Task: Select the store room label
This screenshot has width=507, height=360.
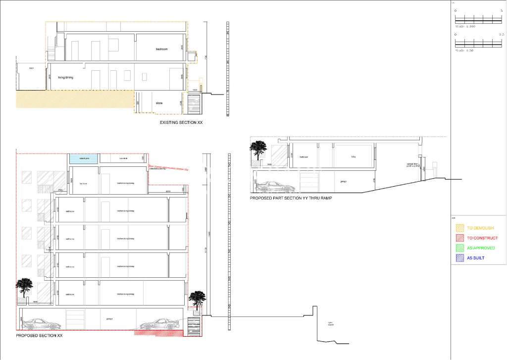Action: tap(159, 103)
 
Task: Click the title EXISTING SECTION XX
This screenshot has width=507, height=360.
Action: tap(181, 122)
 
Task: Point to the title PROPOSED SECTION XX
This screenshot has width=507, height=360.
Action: tap(39, 335)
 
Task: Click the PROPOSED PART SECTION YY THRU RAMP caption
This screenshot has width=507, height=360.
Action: tap(291, 198)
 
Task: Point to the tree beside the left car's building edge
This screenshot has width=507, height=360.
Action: tap(24, 288)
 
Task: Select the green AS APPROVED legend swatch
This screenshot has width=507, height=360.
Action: tap(460, 248)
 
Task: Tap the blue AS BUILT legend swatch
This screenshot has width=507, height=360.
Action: tap(460, 258)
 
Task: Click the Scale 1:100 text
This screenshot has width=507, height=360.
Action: tap(465, 26)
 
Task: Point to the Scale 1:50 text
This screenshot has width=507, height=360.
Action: tap(464, 51)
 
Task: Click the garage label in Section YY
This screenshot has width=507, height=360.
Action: tap(343, 182)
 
